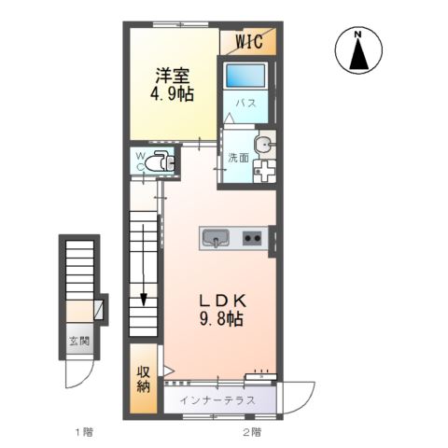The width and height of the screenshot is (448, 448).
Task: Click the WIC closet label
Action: coord(248,41)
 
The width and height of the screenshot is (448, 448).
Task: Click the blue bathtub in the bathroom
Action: coord(246,77)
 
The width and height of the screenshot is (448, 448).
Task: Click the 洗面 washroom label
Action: coord(237,157)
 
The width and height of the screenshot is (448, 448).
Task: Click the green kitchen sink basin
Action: coord(217,240)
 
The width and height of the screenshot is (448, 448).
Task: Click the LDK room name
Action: coord(222,301)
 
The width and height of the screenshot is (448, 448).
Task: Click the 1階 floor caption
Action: coord(83,432)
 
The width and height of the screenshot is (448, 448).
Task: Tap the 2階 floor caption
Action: coord(250,432)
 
